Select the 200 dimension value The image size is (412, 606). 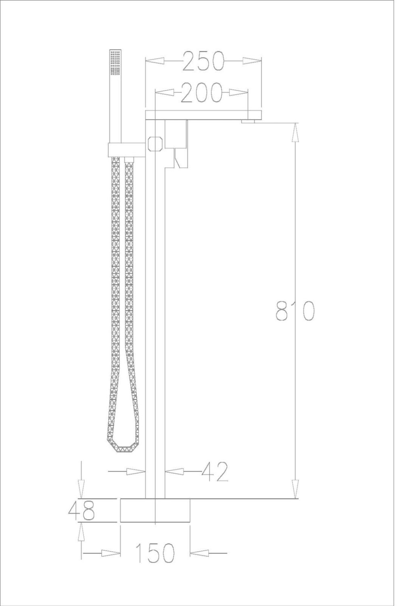pos(201,93)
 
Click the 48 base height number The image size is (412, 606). pos(82,511)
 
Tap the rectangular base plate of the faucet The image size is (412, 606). pos(155,511)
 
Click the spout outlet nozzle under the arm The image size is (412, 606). pos(248,122)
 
